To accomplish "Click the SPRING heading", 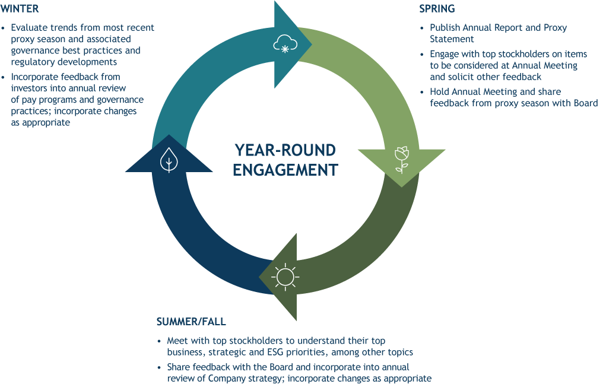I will point(437,9).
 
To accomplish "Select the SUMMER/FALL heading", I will point(191,322).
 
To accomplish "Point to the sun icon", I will point(284,276).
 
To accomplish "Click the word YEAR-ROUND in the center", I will point(285,150).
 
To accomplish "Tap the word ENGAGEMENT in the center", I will point(285,170).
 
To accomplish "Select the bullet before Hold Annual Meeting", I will point(423,92).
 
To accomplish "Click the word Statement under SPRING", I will point(452,39).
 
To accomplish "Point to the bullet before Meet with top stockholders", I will point(159,341).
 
